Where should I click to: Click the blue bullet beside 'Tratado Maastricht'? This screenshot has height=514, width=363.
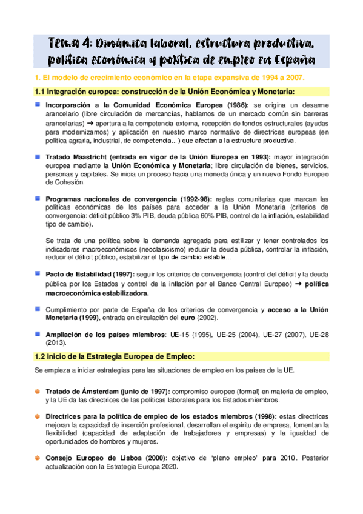click(x=38, y=156)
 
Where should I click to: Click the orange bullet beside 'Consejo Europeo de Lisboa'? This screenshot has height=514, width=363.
click(x=38, y=458)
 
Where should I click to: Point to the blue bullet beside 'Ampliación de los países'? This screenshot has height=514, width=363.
click(x=38, y=333)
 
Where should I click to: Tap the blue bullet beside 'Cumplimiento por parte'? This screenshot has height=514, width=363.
click(x=38, y=309)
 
